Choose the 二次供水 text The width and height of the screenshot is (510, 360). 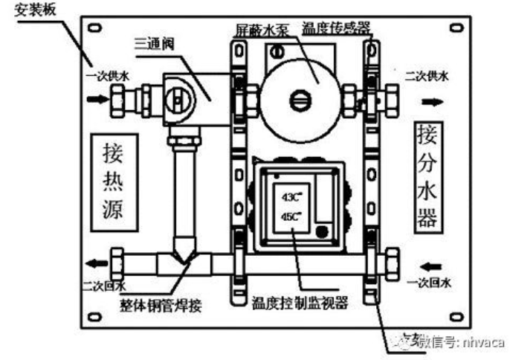pos(427,76)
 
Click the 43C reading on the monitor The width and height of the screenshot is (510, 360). pos(290,198)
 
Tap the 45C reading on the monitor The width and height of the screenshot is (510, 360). pos(290,218)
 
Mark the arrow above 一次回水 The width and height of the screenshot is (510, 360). pos(430,264)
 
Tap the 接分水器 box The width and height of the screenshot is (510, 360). pos(426,177)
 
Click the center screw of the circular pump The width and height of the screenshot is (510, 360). pos(300,99)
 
